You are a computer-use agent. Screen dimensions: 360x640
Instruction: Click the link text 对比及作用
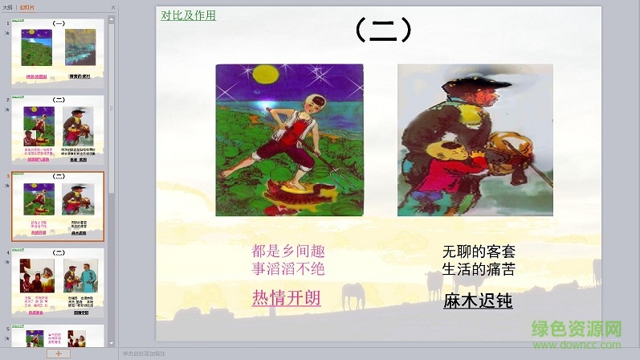click(188, 14)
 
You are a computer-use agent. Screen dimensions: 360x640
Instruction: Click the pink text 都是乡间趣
click(288, 251)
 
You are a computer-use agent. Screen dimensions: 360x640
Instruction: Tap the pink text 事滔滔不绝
click(288, 268)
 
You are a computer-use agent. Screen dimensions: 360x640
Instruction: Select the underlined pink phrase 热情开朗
click(287, 297)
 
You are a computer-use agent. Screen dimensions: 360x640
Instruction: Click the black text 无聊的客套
click(479, 251)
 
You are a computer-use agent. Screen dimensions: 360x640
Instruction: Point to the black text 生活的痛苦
click(479, 268)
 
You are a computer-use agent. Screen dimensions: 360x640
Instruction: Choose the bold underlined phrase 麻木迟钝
click(478, 301)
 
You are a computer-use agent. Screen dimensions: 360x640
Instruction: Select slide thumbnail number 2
click(59, 129)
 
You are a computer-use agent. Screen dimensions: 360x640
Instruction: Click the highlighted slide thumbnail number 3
click(59, 206)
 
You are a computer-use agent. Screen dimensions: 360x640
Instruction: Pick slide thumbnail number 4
click(59, 281)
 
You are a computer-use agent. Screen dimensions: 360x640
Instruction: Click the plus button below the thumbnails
click(58, 353)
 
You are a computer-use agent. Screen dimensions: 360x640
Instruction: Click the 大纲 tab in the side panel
click(7, 6)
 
